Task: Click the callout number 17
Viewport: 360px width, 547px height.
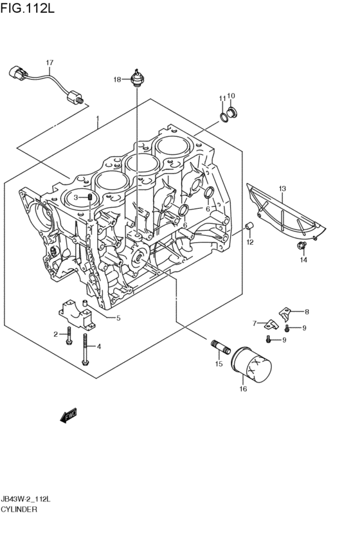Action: click(48, 62)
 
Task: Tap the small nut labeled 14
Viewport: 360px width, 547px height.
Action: click(300, 247)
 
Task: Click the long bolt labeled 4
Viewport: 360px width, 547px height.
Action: click(85, 354)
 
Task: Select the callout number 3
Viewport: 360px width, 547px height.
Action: click(75, 197)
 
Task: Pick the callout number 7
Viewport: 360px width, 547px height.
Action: click(255, 323)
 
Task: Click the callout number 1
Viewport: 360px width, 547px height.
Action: click(97, 118)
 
